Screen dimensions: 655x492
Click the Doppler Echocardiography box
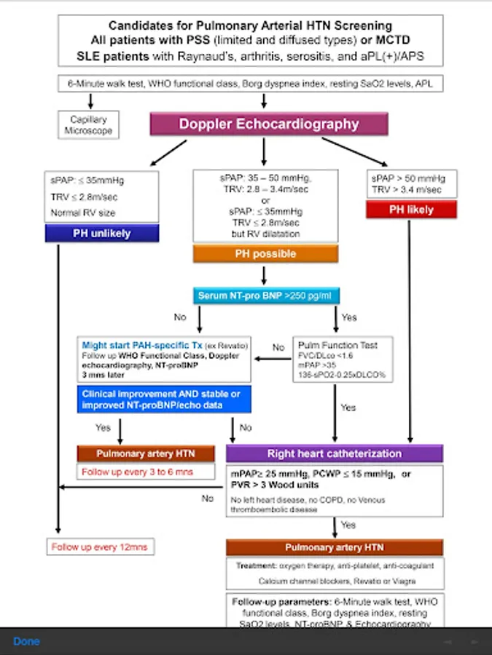pos(269,124)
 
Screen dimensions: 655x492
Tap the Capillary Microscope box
pos(89,124)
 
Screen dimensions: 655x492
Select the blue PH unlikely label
pos(102,234)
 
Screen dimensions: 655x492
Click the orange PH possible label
pos(265,254)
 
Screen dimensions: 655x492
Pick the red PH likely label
pos(411,210)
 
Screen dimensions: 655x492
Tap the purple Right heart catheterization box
pos(334,453)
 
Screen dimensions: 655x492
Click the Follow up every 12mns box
pos(102,547)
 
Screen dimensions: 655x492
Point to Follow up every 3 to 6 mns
pos(136,472)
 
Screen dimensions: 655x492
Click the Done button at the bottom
pos(26,641)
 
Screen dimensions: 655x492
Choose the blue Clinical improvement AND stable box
pos(164,400)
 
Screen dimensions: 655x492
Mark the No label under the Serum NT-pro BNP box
pos(180,317)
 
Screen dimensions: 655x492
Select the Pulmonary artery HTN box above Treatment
pos(334,547)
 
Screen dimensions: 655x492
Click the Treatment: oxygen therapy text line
pos(334,565)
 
